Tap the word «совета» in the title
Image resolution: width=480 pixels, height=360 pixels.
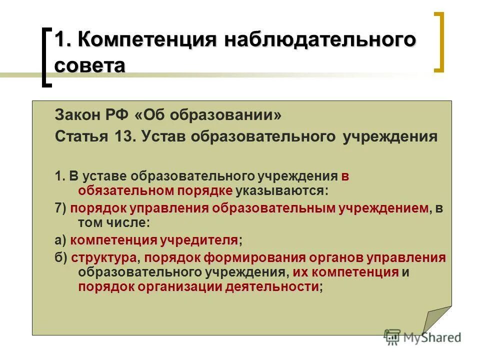pos(89,65)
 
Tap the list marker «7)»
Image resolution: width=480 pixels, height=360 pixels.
pos(60,208)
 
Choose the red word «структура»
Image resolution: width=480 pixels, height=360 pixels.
pos(104,258)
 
